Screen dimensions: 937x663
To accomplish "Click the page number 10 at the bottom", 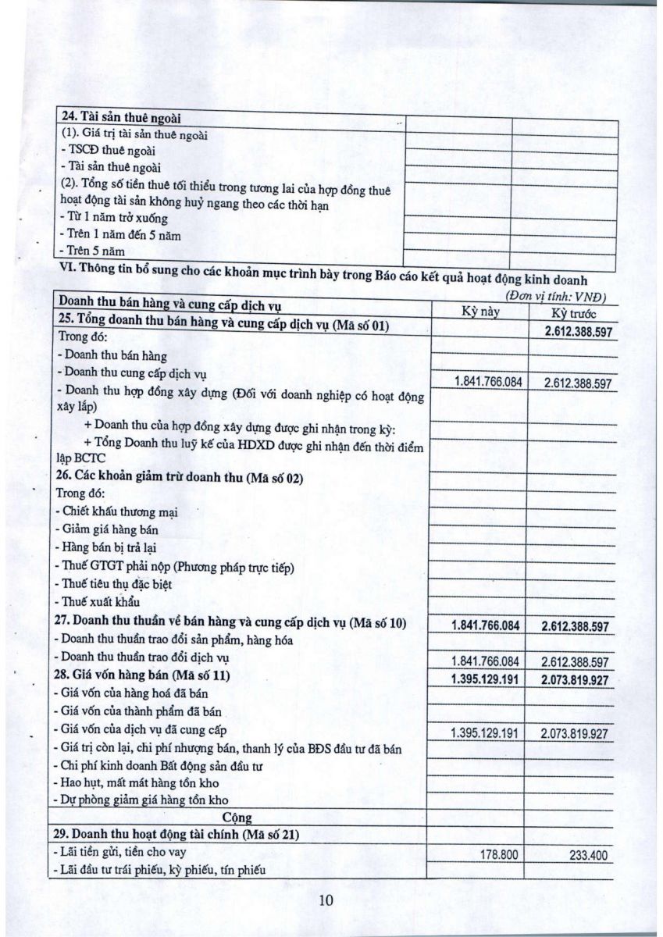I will tap(326, 900).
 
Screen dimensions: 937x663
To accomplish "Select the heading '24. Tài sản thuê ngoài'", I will tap(121, 118).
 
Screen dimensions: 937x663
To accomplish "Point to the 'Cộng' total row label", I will tap(242, 818).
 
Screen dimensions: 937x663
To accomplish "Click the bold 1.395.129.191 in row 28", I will tap(485, 679).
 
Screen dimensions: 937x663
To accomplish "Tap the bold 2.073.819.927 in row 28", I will tap(574, 679).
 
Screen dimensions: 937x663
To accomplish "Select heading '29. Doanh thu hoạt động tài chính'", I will tap(176, 835).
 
